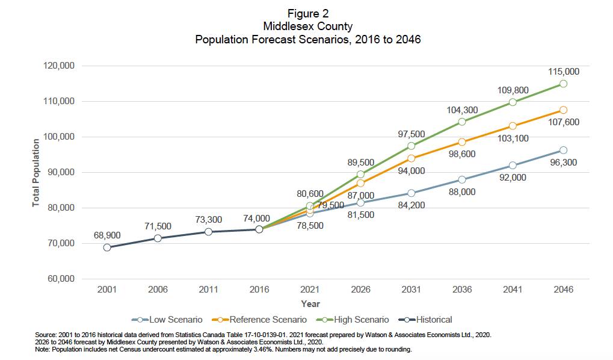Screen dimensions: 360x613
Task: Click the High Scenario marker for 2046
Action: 563,84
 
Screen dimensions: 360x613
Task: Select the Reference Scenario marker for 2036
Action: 462,142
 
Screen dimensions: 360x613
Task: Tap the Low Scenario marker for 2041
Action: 513,165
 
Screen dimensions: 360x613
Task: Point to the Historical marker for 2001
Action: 107,247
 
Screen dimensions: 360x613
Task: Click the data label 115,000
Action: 564,71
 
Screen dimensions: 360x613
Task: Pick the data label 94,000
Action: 411,171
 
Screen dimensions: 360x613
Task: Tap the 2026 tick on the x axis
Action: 360,290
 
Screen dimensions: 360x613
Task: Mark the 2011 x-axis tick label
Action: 208,290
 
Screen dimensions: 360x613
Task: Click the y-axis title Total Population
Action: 36,172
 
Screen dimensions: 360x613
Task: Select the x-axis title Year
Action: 310,304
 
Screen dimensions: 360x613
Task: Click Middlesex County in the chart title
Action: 307,26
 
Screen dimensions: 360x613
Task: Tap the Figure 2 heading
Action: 307,13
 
